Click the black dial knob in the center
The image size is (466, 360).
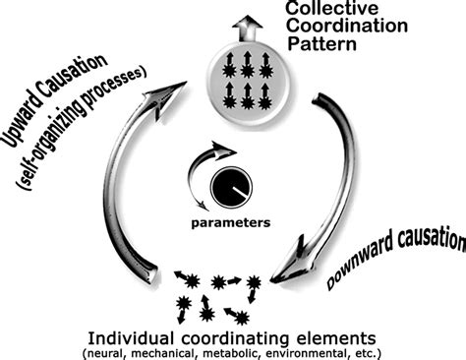(230, 187)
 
